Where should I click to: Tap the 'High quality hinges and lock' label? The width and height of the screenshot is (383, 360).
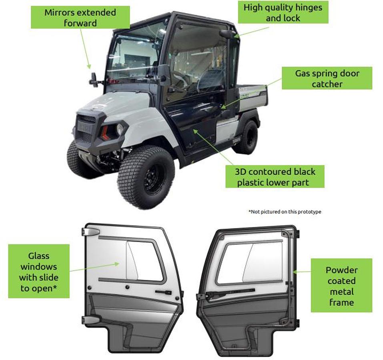(x=283, y=12)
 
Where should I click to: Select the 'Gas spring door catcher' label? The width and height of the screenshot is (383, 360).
(x=327, y=78)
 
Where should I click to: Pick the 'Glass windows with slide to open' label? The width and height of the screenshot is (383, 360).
(x=39, y=272)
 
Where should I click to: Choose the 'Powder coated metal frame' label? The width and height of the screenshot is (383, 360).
(x=341, y=286)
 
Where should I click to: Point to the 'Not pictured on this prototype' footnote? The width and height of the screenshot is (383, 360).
(x=285, y=212)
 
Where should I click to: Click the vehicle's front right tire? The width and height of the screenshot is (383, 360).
(x=146, y=176)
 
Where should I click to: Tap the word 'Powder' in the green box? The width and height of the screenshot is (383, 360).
(x=341, y=270)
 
